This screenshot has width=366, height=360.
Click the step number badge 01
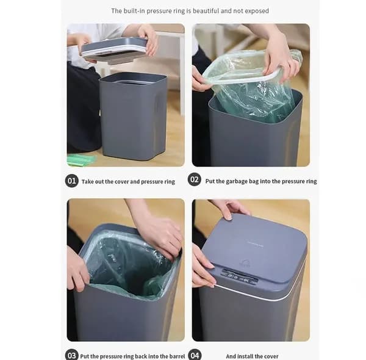coord(71,181)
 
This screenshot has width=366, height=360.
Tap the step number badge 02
coord(195,179)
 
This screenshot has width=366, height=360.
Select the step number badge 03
coord(71,355)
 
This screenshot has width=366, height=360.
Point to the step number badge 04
coord(195,355)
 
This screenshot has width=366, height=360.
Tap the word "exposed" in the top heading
coord(257,11)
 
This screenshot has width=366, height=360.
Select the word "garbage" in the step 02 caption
coord(236,181)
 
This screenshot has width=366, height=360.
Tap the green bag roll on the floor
coord(82,160)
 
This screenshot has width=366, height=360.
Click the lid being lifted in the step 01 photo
coord(114,50)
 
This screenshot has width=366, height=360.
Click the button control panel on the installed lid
coord(240,276)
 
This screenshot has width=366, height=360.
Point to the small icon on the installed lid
coord(245,262)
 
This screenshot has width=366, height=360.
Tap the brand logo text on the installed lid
coord(255,245)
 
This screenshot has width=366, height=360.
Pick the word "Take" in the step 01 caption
coord(87,182)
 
